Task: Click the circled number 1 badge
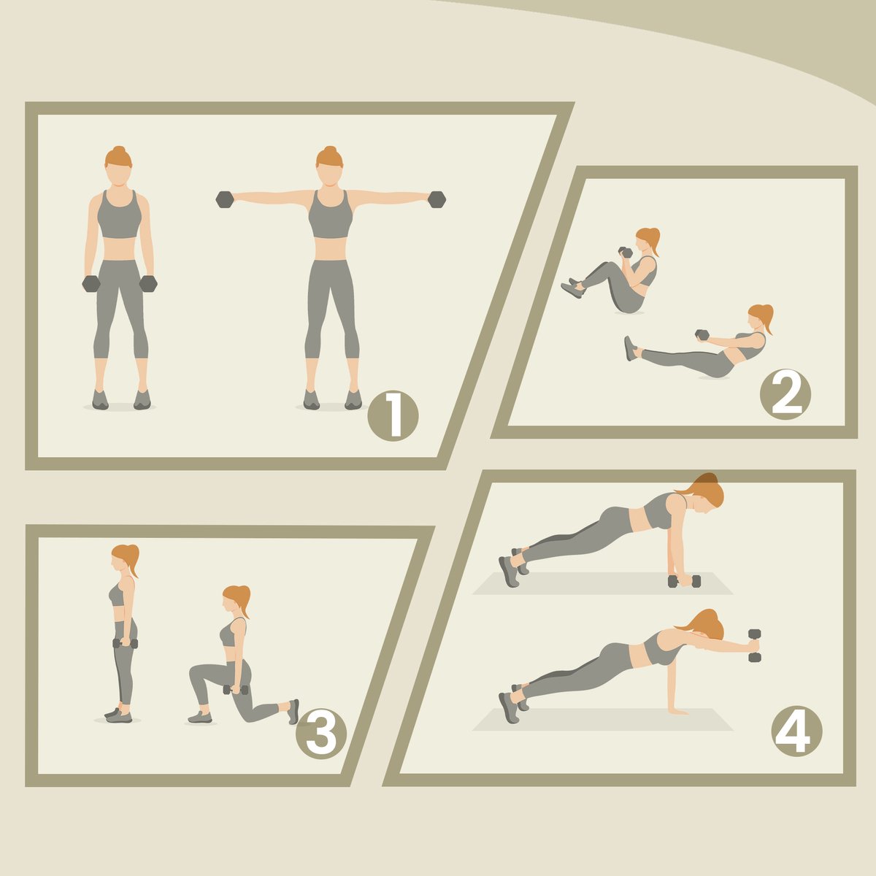coord(393,415)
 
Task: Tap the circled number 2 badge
coord(785,393)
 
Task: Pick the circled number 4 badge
coord(796,731)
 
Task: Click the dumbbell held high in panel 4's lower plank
coord(755,645)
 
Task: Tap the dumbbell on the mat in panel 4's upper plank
coord(684,581)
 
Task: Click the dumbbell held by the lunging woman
coord(236,690)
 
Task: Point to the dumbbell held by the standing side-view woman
coord(125,643)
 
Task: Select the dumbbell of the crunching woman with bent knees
coord(625,252)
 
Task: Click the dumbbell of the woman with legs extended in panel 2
coord(702,334)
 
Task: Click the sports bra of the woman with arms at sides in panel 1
coord(119,214)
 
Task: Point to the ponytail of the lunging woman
coord(244,602)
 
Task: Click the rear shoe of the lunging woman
coord(293,712)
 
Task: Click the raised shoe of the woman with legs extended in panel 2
coord(631,349)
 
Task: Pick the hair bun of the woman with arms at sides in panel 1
coord(119,150)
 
